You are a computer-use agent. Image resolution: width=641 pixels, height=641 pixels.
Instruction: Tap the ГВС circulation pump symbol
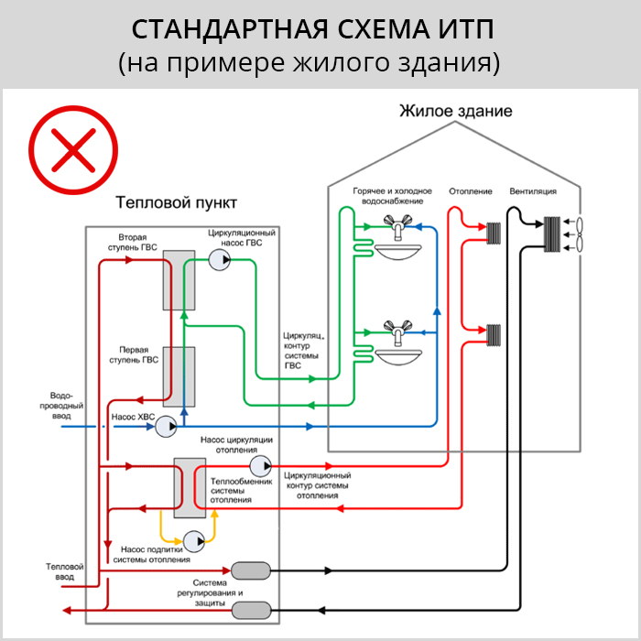click(220, 259)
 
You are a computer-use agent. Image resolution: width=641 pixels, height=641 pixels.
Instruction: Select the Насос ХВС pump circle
click(166, 427)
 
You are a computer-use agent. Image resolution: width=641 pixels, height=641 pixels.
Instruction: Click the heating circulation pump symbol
click(260, 465)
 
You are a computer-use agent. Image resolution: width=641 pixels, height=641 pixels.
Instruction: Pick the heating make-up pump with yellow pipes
click(194, 542)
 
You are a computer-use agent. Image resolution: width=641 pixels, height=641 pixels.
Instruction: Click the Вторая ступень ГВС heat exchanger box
click(179, 280)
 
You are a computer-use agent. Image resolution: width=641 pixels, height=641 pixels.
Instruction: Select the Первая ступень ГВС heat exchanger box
click(179, 377)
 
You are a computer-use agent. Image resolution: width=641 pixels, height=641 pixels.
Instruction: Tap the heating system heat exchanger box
click(190, 488)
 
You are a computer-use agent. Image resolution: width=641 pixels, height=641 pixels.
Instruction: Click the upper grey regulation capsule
click(251, 570)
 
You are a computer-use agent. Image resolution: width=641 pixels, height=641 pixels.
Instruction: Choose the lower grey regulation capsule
click(252, 611)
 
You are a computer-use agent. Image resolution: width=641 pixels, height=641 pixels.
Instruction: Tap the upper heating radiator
click(494, 234)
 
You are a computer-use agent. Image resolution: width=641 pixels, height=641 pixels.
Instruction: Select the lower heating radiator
click(494, 335)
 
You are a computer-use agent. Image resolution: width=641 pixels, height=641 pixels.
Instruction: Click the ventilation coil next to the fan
click(552, 234)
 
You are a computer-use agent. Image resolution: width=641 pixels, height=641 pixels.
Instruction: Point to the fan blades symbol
click(580, 234)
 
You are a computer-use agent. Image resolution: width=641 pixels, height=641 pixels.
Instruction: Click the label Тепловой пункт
click(176, 202)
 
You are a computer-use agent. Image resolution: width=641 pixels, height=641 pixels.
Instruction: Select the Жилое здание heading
click(456, 111)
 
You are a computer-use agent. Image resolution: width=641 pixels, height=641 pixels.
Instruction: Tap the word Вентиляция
click(533, 191)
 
